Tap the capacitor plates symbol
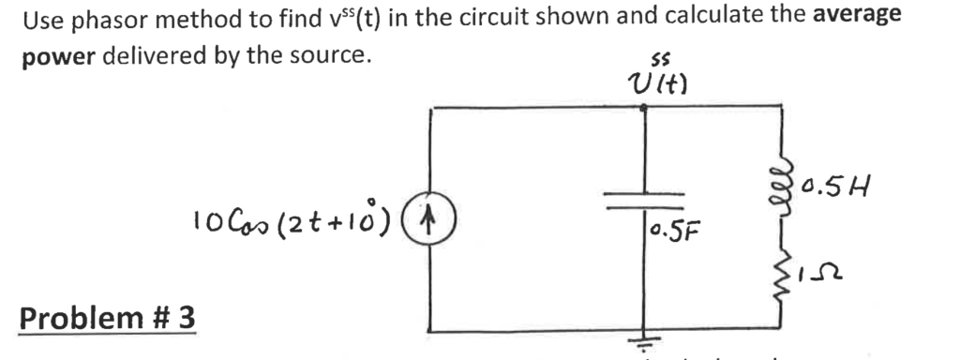pyautogui.click(x=644, y=203)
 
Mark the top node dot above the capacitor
pyautogui.click(x=644, y=107)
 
